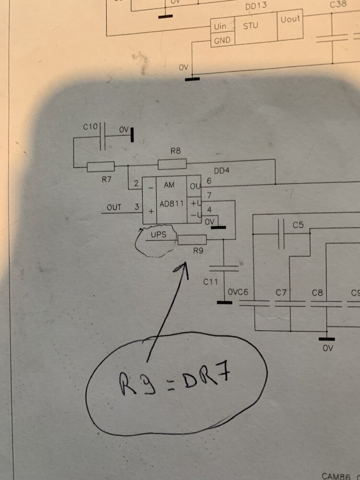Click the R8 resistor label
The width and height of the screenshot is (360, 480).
tap(175, 151)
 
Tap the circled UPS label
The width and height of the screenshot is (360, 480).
tap(158, 235)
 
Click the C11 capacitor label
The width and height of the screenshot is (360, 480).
tap(211, 282)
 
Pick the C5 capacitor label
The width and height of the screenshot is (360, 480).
tap(299, 224)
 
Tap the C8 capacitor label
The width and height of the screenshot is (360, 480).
tap(317, 292)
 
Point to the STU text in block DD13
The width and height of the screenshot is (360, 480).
tap(251, 25)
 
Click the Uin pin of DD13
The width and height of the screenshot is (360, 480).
tap(221, 25)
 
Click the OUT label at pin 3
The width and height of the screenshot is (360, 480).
tap(114, 207)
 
